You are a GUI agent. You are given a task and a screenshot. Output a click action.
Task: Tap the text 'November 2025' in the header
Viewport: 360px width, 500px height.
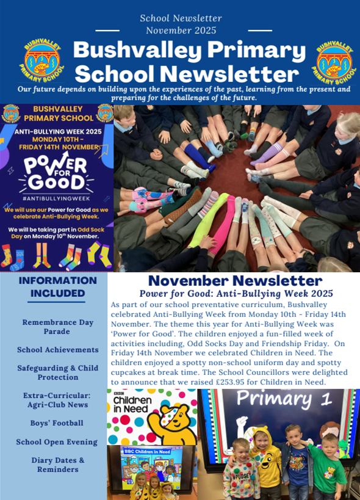pyautogui.click(x=181, y=30)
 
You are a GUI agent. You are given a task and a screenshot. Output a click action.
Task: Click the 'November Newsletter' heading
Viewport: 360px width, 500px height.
pyautogui.click(x=235, y=281)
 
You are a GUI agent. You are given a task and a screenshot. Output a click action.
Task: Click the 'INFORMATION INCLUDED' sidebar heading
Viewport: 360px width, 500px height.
pyautogui.click(x=58, y=287)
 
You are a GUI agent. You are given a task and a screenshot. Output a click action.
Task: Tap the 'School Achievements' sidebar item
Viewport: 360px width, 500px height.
pyautogui.click(x=58, y=350)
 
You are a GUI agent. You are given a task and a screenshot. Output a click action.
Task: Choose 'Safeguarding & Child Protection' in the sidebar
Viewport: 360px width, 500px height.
pyautogui.click(x=58, y=372)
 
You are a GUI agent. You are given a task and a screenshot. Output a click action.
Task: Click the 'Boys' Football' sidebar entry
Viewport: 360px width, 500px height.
pyautogui.click(x=57, y=423)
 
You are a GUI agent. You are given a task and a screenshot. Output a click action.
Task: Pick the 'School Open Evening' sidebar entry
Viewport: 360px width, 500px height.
pyautogui.click(x=57, y=442)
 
